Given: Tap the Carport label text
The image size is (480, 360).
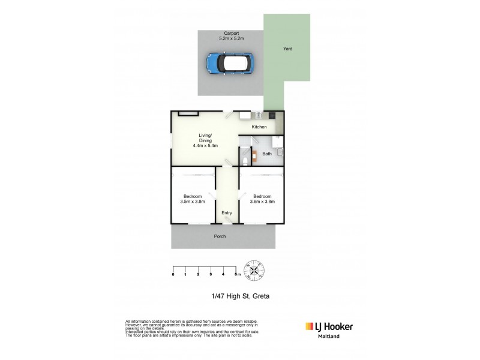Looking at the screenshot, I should coord(230,34).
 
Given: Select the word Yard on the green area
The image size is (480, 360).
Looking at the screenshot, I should coord(288,49).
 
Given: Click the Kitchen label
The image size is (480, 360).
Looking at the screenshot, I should coord(259,127).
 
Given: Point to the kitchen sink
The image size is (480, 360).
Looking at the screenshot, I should coord(254,115).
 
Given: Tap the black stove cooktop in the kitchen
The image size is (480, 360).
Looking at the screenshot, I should coord(272,115).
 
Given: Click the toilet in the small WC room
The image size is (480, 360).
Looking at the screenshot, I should coord(245,159).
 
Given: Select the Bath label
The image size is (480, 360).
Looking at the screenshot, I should coord(267,154).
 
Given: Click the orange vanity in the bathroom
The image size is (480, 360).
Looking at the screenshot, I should coord(254,157).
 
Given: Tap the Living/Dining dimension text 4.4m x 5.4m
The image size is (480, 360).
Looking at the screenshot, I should coord(205,145).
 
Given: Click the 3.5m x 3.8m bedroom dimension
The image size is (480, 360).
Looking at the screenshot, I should coord(193,202).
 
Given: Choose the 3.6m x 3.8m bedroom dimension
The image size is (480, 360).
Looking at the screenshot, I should coord(262,202).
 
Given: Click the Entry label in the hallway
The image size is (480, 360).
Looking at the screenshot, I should coord(227,213).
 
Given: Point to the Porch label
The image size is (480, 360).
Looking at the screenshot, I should coord(220,236).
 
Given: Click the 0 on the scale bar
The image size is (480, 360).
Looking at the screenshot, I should coord(173,275).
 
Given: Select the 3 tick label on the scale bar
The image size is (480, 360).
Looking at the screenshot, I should coord(211,275).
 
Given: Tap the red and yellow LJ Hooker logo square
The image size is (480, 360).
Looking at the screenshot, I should coord(310,327).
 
